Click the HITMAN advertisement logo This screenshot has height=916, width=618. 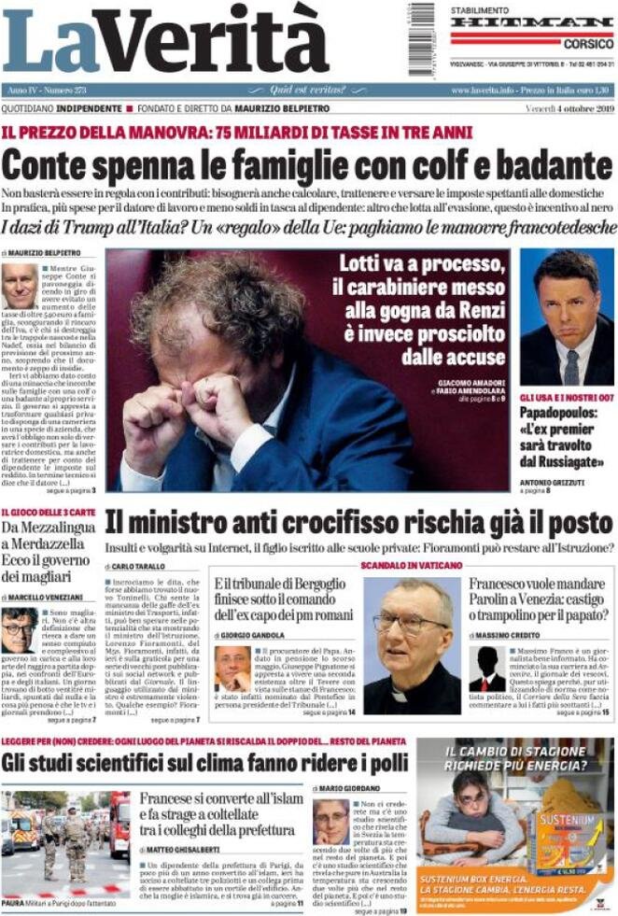coord(531,22)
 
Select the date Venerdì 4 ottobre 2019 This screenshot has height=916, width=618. coord(567,109)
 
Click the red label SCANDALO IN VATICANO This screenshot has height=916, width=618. coord(411,566)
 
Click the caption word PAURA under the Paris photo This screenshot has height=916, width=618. coord(13,904)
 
